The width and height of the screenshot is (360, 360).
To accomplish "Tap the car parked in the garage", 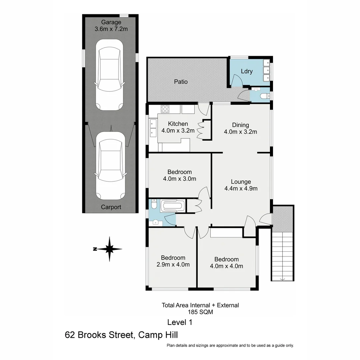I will (x=110, y=75).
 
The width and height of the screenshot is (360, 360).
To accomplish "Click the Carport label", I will (x=111, y=207).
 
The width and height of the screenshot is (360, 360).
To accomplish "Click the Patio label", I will (x=181, y=82).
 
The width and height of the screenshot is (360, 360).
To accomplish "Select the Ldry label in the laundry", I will (x=247, y=71).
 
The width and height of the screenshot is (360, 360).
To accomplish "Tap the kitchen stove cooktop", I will (x=165, y=109).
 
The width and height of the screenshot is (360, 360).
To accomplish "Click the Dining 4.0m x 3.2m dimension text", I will (x=240, y=132).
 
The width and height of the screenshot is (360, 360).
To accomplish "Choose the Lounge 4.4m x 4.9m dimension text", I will (x=241, y=188).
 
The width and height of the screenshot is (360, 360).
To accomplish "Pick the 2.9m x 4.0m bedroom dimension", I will (x=173, y=265).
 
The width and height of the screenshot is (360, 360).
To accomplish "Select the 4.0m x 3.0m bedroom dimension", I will (x=179, y=179).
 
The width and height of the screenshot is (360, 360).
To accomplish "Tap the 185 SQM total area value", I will (x=200, y=312).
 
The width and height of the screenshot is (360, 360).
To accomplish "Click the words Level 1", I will (x=180, y=322).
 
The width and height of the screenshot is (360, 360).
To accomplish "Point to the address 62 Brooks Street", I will (x=99, y=335).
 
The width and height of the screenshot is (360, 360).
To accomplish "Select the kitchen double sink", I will (x=153, y=128).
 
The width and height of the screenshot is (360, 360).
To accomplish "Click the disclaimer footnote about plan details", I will (x=230, y=346).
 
